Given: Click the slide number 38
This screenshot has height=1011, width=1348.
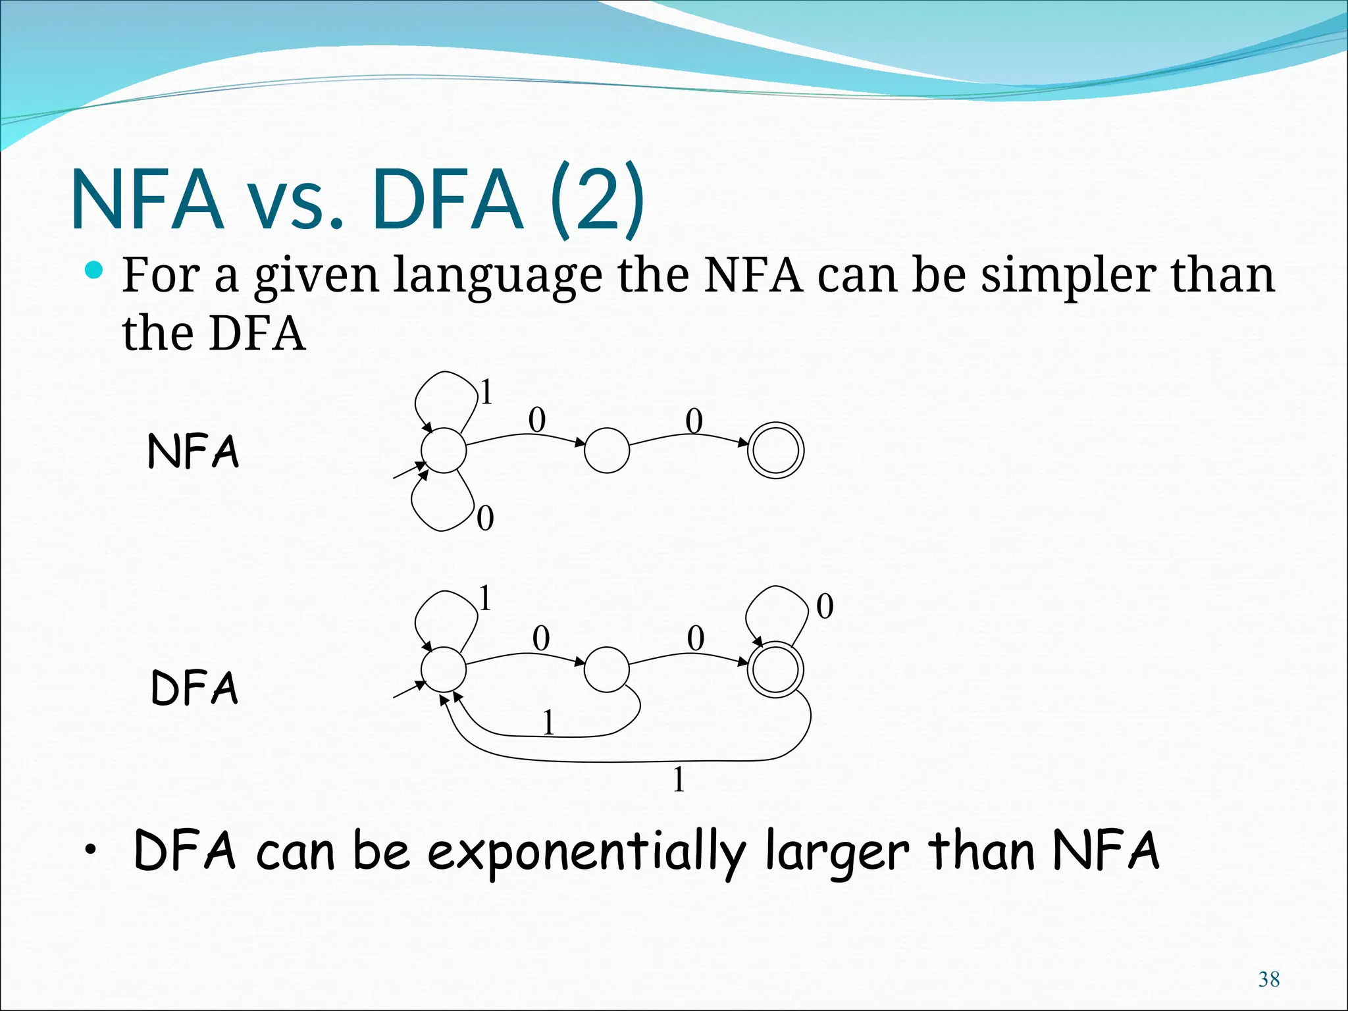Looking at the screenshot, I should click(1268, 979).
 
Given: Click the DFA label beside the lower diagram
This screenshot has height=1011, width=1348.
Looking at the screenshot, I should click(194, 688).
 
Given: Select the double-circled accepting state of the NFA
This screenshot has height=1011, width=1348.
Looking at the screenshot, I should click(776, 450).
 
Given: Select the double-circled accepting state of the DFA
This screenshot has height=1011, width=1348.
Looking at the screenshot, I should click(776, 669).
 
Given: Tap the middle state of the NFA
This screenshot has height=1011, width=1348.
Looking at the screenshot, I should click(607, 450).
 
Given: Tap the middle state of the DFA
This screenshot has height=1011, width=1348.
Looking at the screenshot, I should click(607, 669).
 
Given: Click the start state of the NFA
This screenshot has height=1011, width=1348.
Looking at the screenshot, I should click(444, 450).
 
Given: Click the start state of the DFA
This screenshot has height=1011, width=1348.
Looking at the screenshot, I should click(444, 669).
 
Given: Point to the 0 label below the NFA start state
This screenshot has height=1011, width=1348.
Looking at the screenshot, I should click(485, 519).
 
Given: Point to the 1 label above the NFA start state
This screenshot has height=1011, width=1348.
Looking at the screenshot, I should click(486, 393).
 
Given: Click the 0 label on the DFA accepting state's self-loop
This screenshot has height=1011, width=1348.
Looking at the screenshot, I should click(825, 606).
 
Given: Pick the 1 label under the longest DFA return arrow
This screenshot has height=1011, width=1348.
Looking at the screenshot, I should click(679, 780).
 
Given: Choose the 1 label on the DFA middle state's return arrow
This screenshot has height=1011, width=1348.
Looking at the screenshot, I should click(548, 723).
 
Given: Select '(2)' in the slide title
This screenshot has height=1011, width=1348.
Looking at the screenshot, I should click(597, 199).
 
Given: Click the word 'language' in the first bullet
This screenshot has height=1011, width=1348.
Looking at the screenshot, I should click(498, 276).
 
